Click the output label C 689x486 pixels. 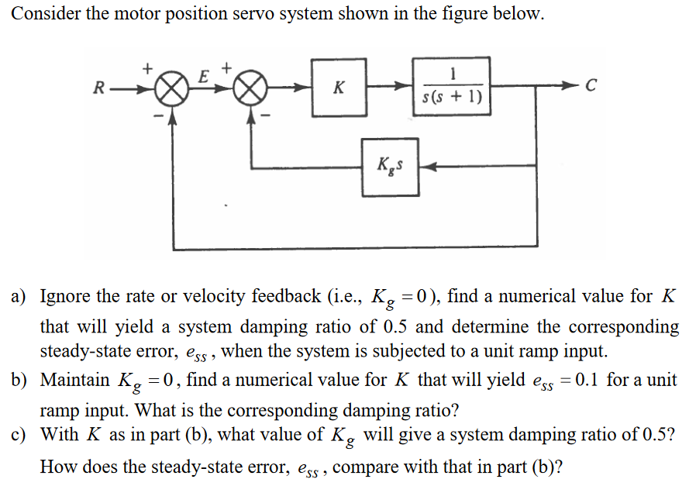591,86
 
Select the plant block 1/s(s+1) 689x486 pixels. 451,86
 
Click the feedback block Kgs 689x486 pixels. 391,165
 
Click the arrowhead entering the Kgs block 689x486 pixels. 425,166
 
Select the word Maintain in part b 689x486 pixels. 74,381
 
